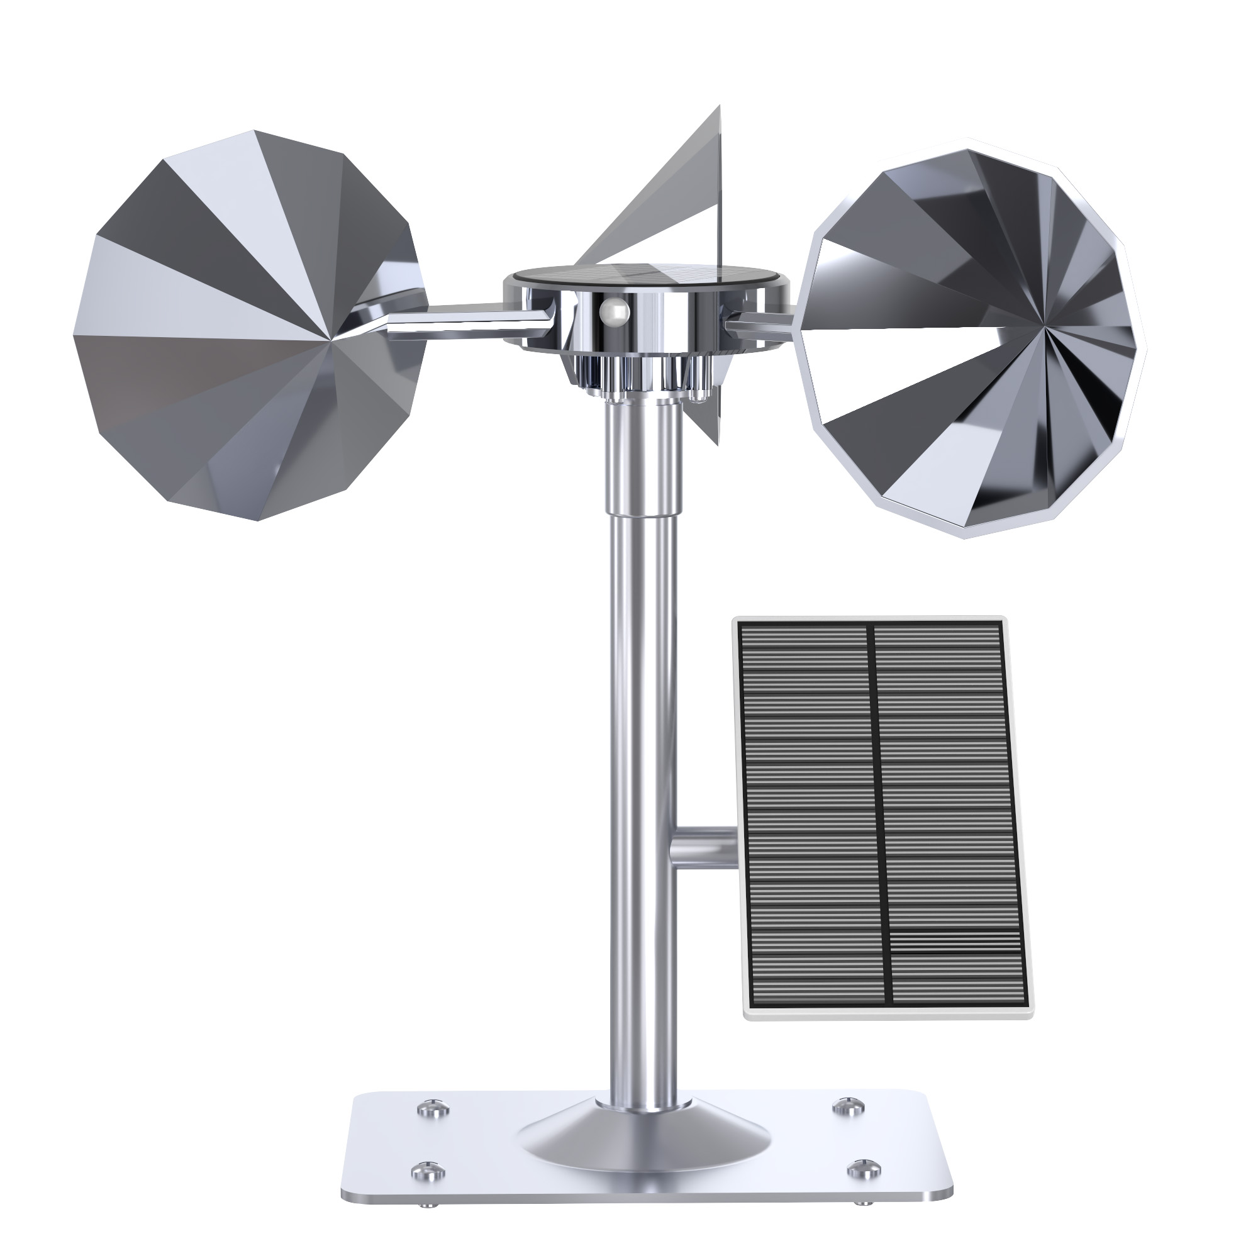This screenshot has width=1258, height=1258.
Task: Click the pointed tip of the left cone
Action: [332, 338]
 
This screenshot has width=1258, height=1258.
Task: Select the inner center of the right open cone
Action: [1047, 323]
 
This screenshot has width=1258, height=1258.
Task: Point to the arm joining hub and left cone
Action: [465, 320]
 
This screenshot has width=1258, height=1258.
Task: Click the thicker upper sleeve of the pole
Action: [642, 462]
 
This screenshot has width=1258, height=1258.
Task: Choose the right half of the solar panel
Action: [950, 801]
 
